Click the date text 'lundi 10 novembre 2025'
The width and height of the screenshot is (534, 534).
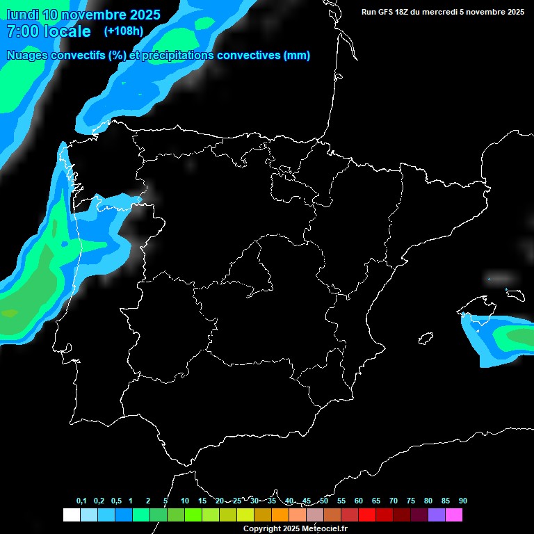pos(83,15)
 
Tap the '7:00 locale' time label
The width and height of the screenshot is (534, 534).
pos(49,31)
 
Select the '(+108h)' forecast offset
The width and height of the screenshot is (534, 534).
pos(123,31)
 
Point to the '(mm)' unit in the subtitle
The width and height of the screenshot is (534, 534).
pos(297,56)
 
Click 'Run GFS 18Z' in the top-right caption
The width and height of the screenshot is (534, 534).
pos(386,12)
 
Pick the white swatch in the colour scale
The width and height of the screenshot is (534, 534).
pos(71,515)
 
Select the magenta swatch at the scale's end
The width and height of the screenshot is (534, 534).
pos(454,515)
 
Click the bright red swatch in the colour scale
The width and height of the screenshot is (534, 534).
pos(367,515)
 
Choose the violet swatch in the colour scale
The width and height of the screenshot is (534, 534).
pos(437,515)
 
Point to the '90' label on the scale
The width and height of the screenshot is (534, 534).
pos(462,501)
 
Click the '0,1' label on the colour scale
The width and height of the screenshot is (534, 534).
pos(81,501)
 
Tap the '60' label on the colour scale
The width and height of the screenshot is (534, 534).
pos(359,501)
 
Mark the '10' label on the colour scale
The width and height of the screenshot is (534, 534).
pos(185,501)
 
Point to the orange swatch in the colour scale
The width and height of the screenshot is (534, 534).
pos(280,515)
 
